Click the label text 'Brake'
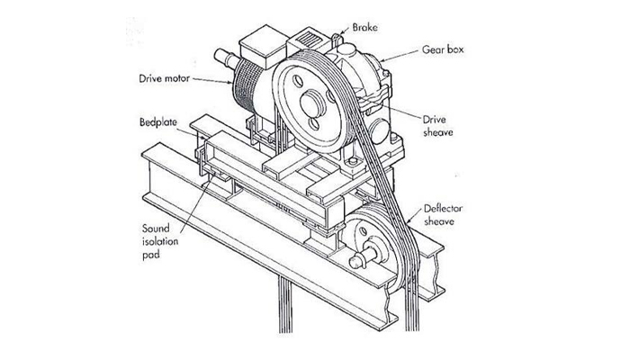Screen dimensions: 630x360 coord(364,27)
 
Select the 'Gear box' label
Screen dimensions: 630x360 coord(443,49)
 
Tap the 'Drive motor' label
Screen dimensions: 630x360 coord(164,78)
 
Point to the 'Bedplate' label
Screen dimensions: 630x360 coord(157,121)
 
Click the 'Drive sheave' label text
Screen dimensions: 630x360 coord(437,126)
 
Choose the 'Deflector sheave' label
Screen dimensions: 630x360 coord(443,214)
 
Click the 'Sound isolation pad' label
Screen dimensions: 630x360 coord(159,241)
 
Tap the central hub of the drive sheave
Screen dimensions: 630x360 coord(312,103)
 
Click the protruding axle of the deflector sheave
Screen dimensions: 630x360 coord(363,257)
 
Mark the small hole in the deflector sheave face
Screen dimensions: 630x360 coord(363,231)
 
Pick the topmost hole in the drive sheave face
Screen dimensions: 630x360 coord(298,80)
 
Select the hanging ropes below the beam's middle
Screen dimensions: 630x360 coord(285,305)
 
